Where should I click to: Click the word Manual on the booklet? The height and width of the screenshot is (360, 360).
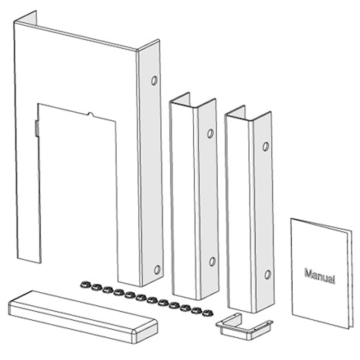320,276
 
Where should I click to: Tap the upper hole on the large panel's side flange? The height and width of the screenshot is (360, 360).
154,81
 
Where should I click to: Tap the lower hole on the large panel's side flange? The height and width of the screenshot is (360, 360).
157,270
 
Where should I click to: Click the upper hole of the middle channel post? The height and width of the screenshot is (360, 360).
210,134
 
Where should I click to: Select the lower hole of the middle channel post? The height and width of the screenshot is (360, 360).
212,262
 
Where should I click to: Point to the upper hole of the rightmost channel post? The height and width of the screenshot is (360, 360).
266,146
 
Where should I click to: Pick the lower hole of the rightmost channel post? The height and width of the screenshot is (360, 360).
268,274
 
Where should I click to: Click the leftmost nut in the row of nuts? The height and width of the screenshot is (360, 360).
85,285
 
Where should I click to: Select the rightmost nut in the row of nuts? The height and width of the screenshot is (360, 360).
207,313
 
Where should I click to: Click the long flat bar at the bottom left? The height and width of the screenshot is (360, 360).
82,316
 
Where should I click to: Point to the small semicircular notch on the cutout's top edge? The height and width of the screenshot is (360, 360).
90,114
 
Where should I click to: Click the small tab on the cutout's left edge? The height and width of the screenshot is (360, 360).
37,128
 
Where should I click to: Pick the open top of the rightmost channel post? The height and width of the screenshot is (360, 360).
248,115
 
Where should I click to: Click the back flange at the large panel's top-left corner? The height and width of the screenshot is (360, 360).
25,18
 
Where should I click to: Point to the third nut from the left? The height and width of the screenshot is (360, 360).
108,290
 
